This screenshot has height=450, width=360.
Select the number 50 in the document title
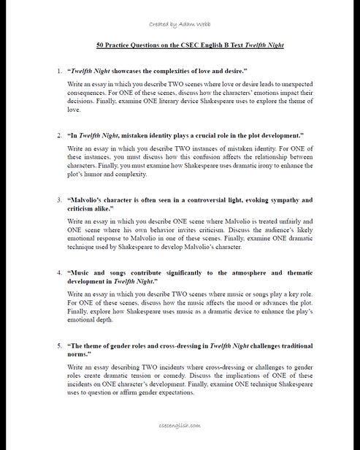coord(101,45)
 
